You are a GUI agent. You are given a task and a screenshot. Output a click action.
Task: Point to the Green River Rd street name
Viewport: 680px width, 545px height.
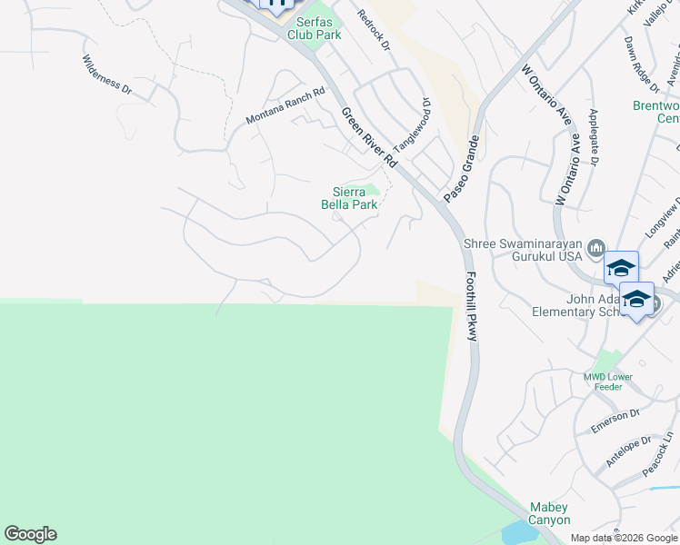[x=369, y=137]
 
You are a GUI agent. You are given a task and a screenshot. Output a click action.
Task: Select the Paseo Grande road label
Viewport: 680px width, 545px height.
[x=461, y=169]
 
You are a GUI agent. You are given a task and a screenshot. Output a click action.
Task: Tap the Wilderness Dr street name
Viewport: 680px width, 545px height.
[x=107, y=75]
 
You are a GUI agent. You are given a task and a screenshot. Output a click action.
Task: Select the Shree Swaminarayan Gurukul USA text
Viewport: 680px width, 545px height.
[x=522, y=250]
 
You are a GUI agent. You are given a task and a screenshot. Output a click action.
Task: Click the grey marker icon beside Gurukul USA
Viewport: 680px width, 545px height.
[x=597, y=247]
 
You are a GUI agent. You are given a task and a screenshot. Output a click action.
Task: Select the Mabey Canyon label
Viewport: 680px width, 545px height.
[x=550, y=513]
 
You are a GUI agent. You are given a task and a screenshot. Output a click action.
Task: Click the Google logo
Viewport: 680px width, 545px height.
[x=31, y=534]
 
